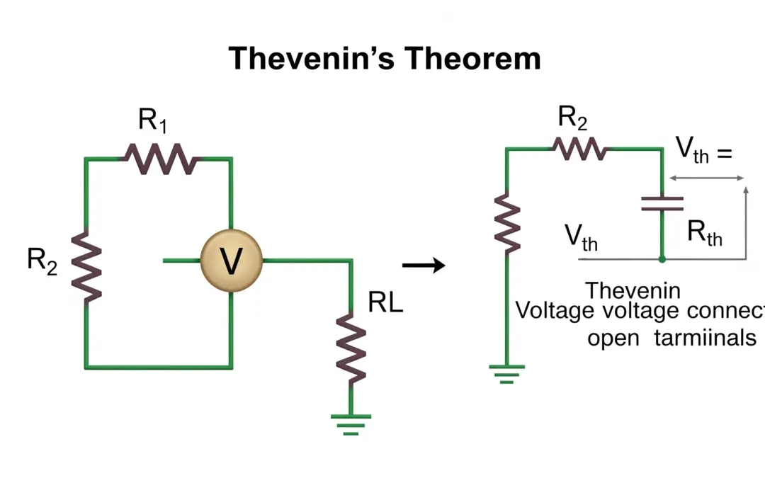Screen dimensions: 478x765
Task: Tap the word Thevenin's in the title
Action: click(308, 58)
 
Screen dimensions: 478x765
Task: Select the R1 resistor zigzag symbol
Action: click(161, 159)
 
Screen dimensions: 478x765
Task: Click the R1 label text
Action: click(153, 121)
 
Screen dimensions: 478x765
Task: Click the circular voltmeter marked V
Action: click(231, 261)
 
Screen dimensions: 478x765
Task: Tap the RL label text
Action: click(385, 303)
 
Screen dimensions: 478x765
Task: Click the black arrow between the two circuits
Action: click(424, 266)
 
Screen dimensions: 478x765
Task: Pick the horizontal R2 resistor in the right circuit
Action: click(580, 149)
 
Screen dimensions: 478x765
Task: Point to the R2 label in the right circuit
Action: click(572, 118)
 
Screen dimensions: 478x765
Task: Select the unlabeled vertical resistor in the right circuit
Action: click(507, 220)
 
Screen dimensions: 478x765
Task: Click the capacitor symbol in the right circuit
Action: click(662, 205)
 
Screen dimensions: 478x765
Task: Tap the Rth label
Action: click(705, 232)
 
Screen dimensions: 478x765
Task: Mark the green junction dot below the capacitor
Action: click(662, 259)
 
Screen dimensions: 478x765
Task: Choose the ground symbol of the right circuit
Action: click(506, 372)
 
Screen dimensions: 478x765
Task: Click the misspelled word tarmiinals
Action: click(705, 338)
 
